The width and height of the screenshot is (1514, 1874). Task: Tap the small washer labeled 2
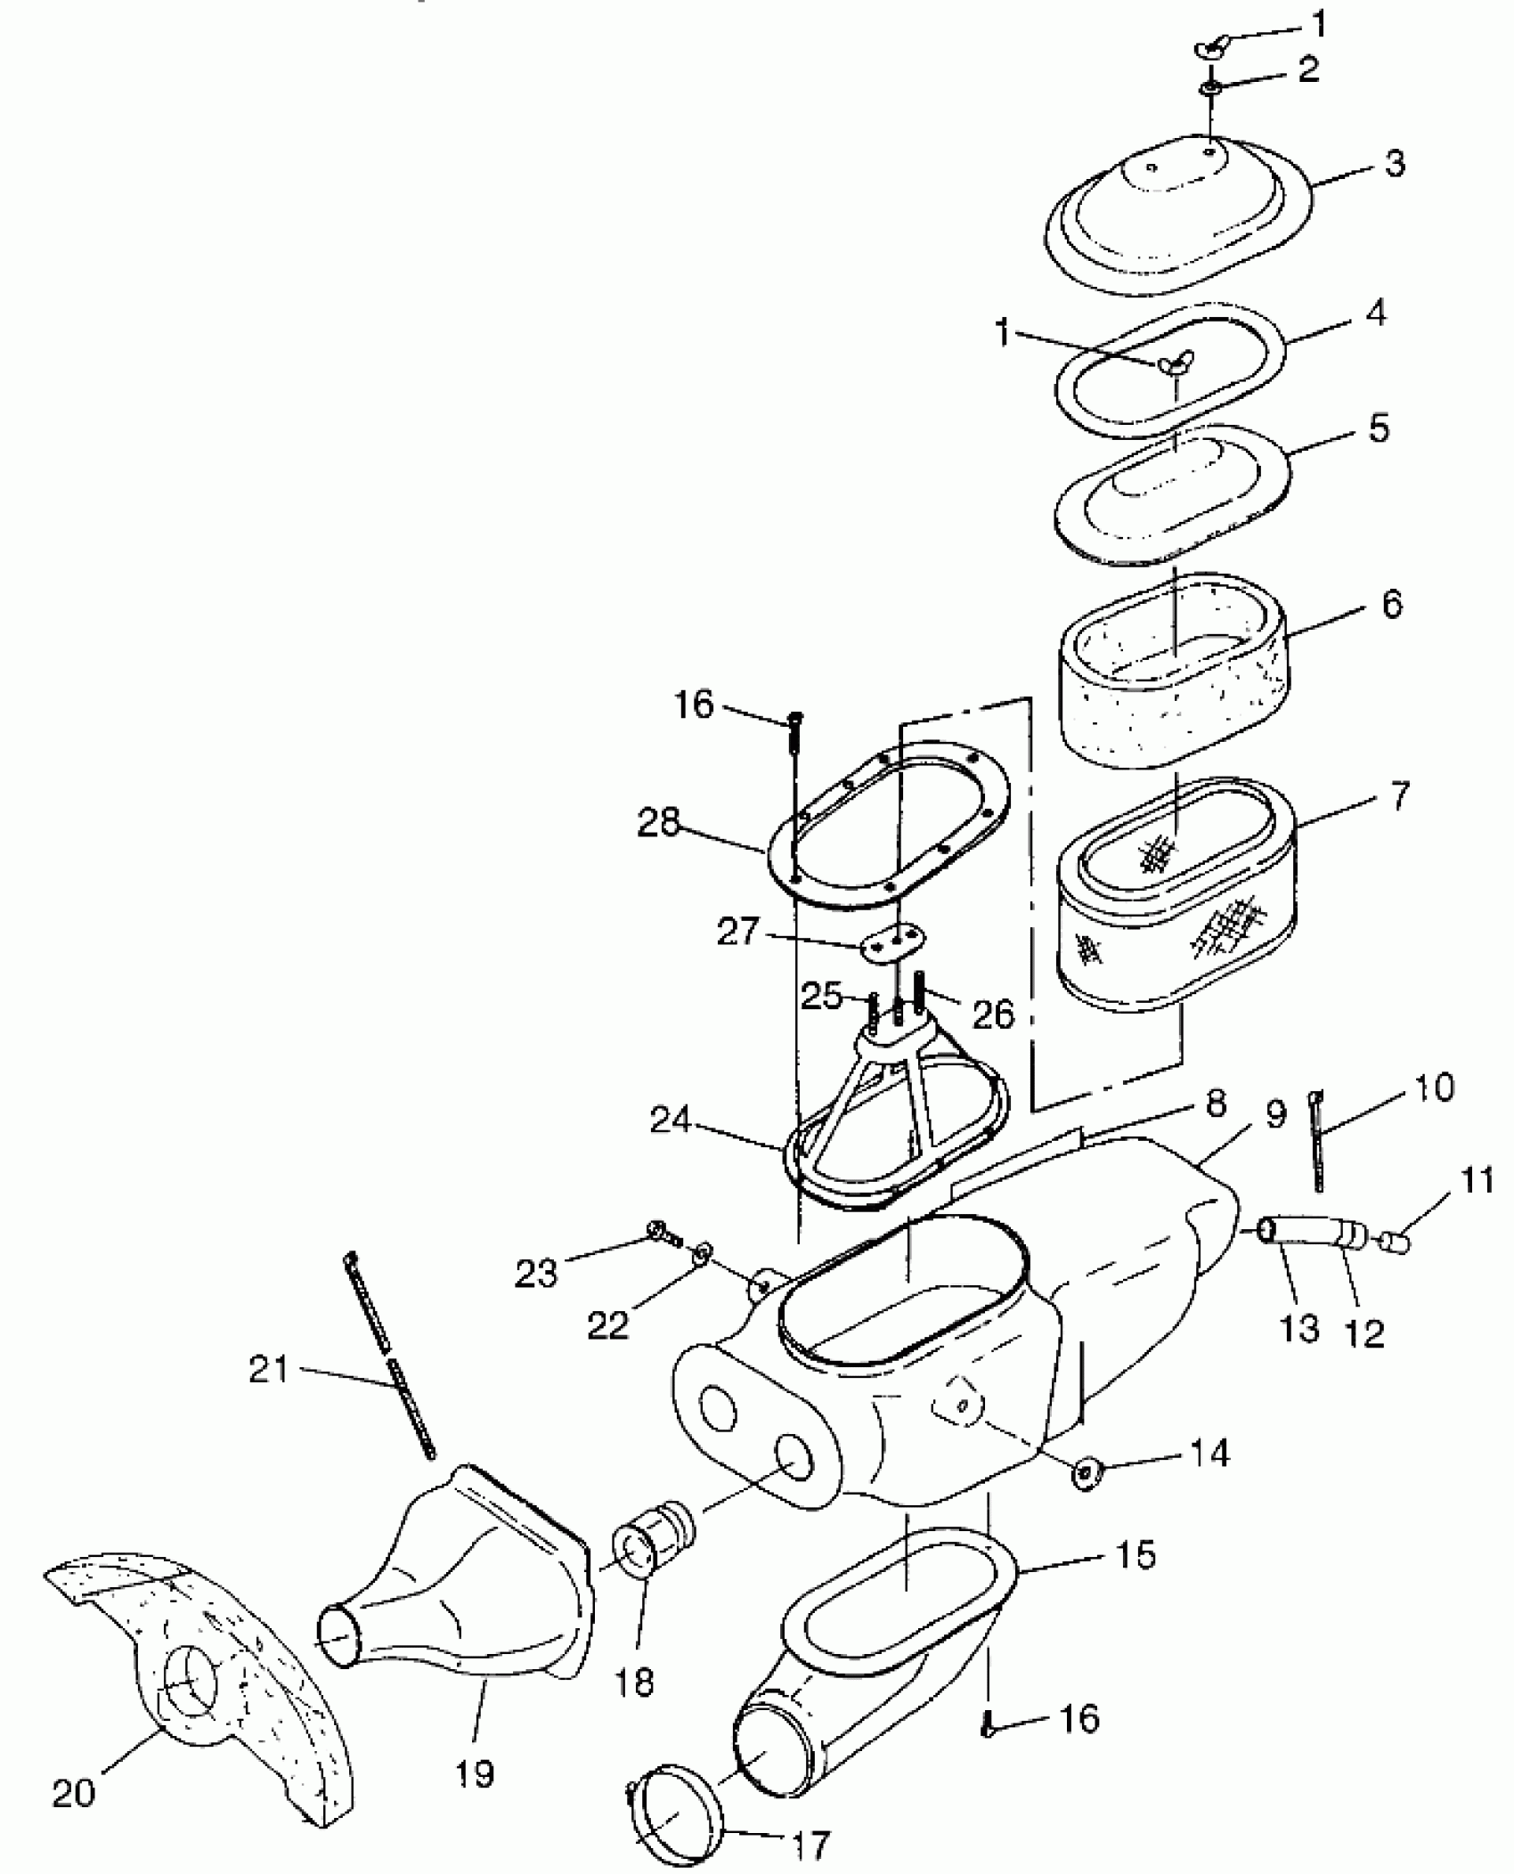1209,89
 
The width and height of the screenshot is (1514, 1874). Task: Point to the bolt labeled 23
661,1234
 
